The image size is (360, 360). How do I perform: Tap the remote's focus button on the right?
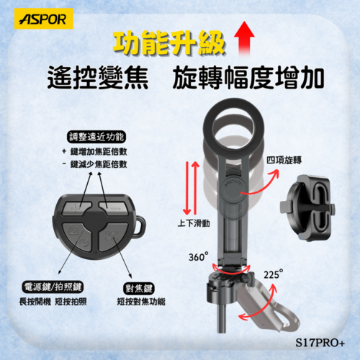point(109,233)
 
